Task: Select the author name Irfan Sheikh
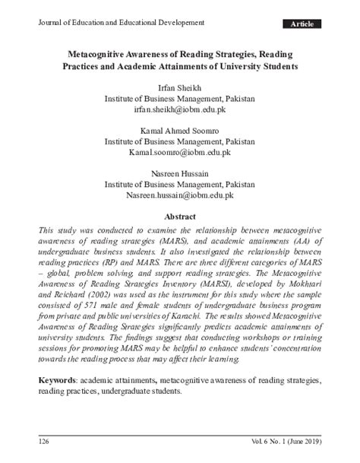(179, 87)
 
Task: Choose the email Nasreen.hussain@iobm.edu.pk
(179, 195)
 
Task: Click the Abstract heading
(180, 217)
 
